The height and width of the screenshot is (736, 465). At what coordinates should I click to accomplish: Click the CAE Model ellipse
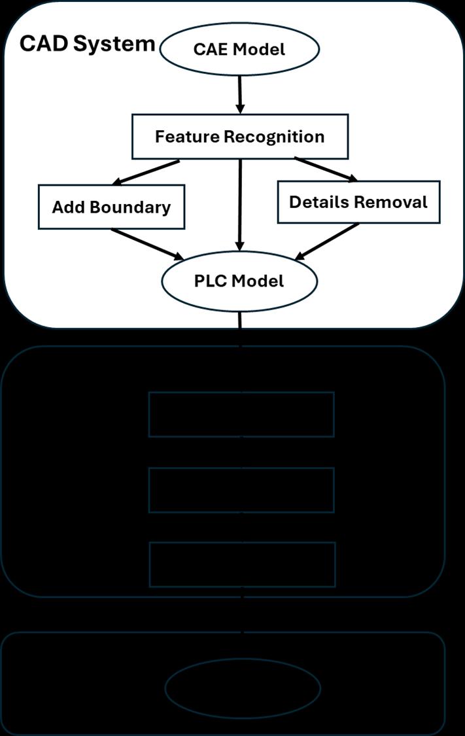[239, 50]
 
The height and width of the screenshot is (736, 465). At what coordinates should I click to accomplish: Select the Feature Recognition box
[239, 137]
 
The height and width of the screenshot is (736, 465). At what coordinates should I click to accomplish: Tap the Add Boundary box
[111, 207]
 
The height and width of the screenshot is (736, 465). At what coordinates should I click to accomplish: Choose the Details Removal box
[358, 202]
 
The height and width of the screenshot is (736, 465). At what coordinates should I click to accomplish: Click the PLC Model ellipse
[239, 281]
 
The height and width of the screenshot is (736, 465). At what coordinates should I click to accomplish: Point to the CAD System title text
[87, 44]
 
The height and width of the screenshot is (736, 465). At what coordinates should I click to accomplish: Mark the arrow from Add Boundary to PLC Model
[146, 243]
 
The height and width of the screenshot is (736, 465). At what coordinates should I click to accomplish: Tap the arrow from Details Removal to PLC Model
[328, 241]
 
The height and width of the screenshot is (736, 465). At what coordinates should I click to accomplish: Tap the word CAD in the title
[43, 44]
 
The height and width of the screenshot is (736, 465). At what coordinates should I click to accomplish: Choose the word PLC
[209, 281]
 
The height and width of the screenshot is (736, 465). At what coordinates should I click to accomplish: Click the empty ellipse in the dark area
[242, 688]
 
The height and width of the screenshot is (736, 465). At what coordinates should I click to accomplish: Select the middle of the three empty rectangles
[241, 490]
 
